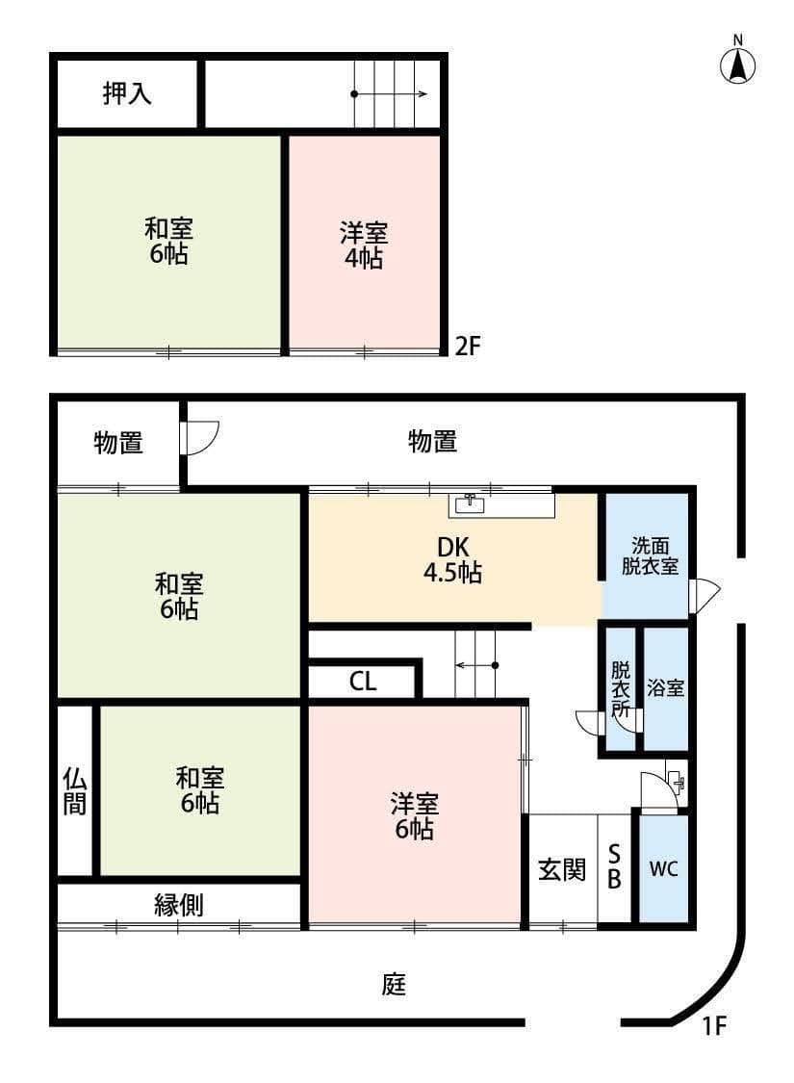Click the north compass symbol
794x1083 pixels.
(738, 64)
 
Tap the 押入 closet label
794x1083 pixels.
(127, 94)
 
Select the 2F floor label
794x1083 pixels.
(467, 347)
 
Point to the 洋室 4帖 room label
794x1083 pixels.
(363, 245)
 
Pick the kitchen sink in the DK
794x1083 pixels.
(470, 503)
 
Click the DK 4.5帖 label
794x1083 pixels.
(452, 559)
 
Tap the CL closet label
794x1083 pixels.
(363, 682)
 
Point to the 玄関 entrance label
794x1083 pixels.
(561, 869)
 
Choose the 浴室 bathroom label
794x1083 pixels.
(665, 688)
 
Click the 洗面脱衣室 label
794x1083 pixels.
(649, 555)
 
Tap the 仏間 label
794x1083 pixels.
(75, 790)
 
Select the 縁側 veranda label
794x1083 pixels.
(179, 904)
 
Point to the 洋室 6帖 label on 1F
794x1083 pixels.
(415, 814)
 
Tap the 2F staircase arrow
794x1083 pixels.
(391, 94)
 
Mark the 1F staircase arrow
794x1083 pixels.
(476, 665)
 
